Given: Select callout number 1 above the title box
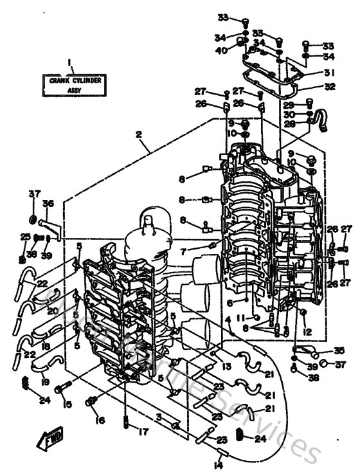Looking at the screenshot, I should coord(68,62).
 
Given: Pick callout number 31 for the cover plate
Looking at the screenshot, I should coord(329,73).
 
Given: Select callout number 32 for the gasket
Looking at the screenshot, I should coord(329,86).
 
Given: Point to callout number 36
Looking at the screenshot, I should coord(48,203).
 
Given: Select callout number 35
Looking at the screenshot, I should coord(339,350).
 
